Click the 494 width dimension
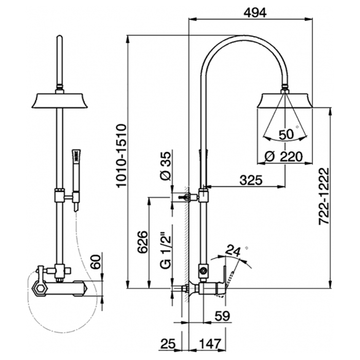click(x=255, y=13)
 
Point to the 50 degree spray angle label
click(x=286, y=135)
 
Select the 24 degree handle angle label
click(x=234, y=251)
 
